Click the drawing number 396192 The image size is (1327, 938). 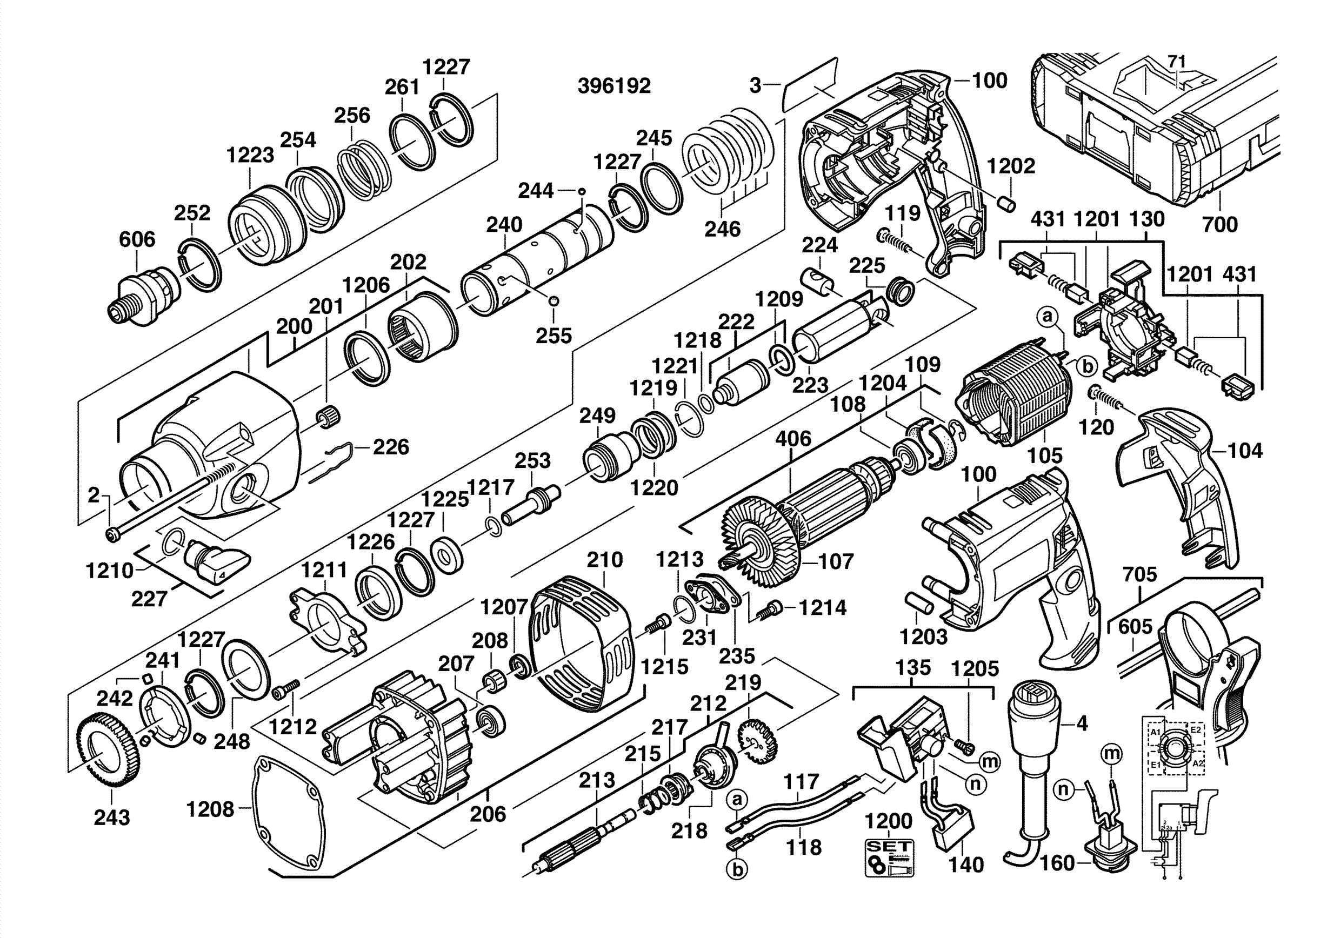(614, 86)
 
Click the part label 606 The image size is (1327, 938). (137, 239)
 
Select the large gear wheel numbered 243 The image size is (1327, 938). (108, 751)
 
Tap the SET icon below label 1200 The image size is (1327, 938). (889, 857)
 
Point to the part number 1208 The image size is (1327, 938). (210, 810)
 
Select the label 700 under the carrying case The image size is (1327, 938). (1219, 224)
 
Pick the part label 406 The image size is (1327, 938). (793, 439)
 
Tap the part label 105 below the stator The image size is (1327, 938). (1045, 455)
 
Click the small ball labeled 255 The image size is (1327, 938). (554, 301)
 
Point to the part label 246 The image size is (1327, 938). (723, 229)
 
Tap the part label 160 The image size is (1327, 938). (1057, 863)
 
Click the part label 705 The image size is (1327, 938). (1140, 574)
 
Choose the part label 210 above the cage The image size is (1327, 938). (604, 559)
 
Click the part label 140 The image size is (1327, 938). (966, 865)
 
